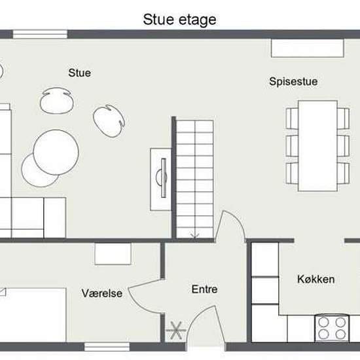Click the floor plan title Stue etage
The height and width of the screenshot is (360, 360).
tap(179, 20)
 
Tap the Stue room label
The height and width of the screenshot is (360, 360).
tap(80, 73)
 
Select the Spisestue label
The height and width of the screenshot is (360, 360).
tap(293, 82)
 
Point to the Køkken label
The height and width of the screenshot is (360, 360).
tap(316, 279)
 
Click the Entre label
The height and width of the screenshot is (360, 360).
tap(205, 289)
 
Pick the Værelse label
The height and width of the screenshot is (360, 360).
tap(102, 293)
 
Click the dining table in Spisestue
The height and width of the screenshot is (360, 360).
tap(317, 146)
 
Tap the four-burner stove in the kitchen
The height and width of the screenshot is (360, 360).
tap(332, 328)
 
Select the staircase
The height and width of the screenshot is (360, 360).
tap(194, 179)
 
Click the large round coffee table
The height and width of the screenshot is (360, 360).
tap(56, 153)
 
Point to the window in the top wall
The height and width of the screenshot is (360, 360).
tap(40, 35)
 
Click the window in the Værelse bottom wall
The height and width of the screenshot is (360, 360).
tap(107, 347)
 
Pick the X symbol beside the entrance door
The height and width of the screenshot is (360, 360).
tap(176, 331)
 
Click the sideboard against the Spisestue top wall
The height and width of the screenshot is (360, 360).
tap(308, 48)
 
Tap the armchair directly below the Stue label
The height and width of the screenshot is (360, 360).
tap(57, 101)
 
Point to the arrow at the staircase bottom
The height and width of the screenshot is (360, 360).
tap(194, 236)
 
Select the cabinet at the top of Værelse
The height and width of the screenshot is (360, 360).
tap(113, 254)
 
